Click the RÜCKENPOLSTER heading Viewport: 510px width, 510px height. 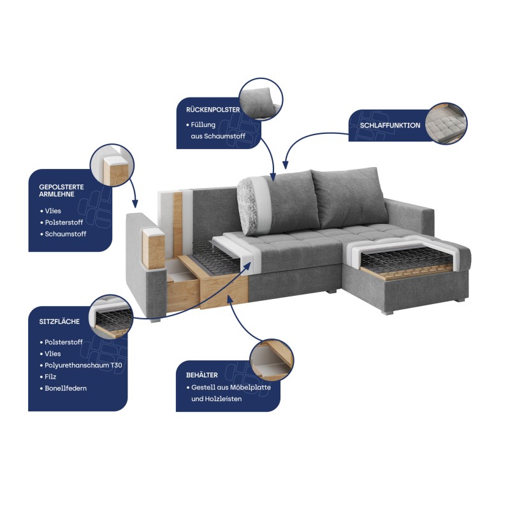click(213, 110)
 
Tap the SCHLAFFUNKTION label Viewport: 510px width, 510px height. click(390, 125)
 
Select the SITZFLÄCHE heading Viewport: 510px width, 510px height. click(59, 321)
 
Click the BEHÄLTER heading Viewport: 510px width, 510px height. click(202, 375)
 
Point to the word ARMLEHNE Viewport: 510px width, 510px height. click(57, 194)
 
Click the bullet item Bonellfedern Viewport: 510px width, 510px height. click(66, 388)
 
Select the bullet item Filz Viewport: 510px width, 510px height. click(50, 377)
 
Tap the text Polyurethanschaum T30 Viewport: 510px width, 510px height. click(84, 365)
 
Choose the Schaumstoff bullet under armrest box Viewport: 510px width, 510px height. click(66, 234)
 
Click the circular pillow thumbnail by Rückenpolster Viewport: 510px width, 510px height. click(261, 99)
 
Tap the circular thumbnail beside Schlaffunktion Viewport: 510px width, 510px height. click(446, 124)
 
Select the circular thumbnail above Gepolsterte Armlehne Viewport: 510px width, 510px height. click(112, 166)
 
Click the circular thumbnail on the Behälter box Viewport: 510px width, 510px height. click(272, 361)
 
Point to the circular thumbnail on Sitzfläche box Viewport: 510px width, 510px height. click(111, 317)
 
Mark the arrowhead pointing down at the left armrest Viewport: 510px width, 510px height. click(135, 204)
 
